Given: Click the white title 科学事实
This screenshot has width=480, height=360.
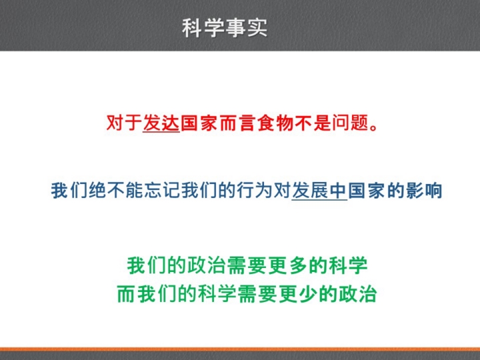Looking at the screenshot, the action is (225, 28).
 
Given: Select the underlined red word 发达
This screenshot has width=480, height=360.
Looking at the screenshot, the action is (161, 123).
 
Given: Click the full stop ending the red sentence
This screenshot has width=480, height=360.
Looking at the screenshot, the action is (373, 127).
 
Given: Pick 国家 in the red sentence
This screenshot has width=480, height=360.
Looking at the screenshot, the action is (199, 123).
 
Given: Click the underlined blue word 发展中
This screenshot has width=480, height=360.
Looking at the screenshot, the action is (319, 191).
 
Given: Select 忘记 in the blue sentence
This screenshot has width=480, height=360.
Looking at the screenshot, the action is (163, 191).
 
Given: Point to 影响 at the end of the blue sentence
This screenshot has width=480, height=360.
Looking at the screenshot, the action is (424, 191).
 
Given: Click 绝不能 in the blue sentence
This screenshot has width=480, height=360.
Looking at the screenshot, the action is (116, 191).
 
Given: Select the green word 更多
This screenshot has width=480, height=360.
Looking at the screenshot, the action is (287, 265).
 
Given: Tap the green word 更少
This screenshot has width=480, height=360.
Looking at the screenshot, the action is (297, 294).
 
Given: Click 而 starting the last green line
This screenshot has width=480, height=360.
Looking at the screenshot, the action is (127, 294).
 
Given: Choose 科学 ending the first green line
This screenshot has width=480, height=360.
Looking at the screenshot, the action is (348, 265).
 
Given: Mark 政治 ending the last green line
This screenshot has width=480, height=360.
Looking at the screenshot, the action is (357, 294).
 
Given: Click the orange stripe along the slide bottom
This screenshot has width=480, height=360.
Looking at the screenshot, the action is (240, 349).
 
